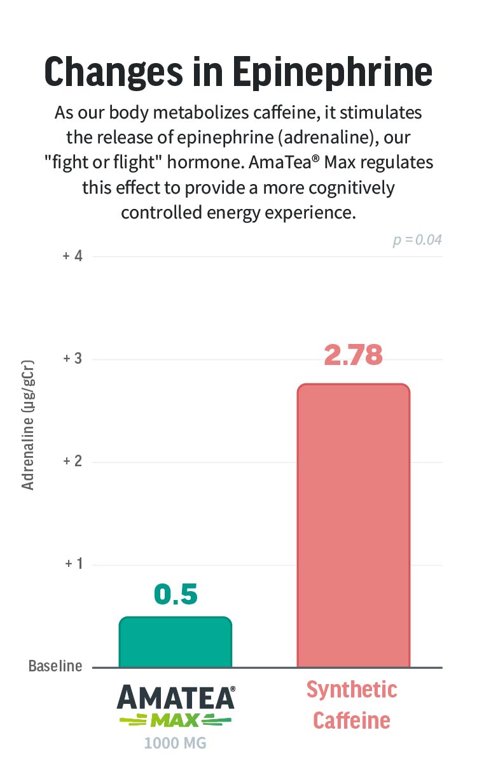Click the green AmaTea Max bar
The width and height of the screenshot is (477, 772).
(x=175, y=641)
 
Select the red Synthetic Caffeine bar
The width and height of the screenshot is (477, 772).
(x=354, y=525)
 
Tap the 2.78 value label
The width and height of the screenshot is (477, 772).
(x=353, y=355)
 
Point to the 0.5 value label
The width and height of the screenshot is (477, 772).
(x=176, y=594)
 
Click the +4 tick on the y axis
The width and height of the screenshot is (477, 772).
(x=73, y=256)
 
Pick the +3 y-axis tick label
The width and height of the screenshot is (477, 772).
(x=73, y=359)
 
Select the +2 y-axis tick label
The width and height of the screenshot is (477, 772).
(x=73, y=461)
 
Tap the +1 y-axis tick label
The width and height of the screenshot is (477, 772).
(x=74, y=564)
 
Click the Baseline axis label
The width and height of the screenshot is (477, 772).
(x=55, y=666)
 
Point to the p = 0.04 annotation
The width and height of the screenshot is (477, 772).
(x=417, y=240)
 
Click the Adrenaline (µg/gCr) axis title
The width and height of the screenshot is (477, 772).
(x=27, y=425)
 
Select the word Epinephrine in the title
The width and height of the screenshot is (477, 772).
(x=333, y=73)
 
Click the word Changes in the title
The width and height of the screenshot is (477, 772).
(x=114, y=73)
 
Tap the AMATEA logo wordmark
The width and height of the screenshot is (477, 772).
(x=176, y=697)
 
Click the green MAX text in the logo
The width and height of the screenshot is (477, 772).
(x=176, y=720)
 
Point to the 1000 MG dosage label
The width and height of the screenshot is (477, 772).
(x=175, y=743)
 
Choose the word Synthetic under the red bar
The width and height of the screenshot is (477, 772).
(x=352, y=690)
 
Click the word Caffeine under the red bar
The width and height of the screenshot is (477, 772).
(x=352, y=720)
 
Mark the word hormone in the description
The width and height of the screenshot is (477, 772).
(x=205, y=162)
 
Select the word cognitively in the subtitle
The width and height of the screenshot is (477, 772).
(x=351, y=188)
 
